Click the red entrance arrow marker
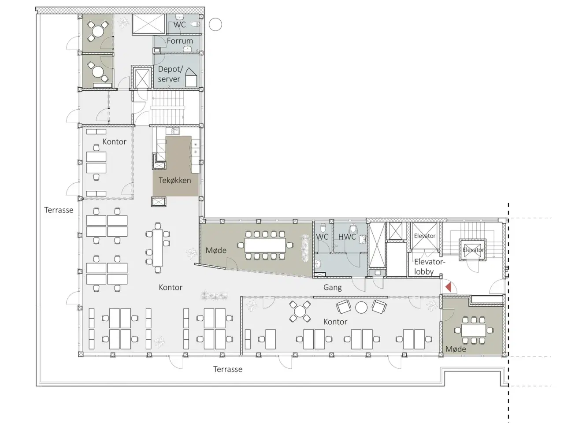pyautogui.click(x=449, y=287)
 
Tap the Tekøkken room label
pyautogui.click(x=175, y=180)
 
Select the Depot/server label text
pyautogui.click(x=170, y=74)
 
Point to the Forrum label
pyautogui.click(x=180, y=41)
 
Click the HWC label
pyautogui.click(x=347, y=237)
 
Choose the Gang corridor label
pyautogui.click(x=333, y=287)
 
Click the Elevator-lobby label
pyautogui.click(x=429, y=267)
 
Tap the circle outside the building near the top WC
pyautogui.click(x=215, y=24)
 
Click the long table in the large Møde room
pyautogui.click(x=265, y=245)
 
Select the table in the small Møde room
pyautogui.click(x=474, y=330)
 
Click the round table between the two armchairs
pyautogui.click(x=361, y=307)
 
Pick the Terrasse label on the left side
pyautogui.click(x=59, y=210)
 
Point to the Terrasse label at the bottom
pyautogui.click(x=228, y=369)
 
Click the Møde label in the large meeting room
pyautogui.click(x=216, y=250)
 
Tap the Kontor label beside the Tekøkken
pyautogui.click(x=114, y=142)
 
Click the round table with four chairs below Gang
pyautogui.click(x=300, y=312)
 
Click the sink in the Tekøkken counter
pyautogui.click(x=172, y=131)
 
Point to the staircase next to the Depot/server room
pyautogui.click(x=168, y=108)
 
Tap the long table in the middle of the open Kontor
pyautogui.click(x=158, y=248)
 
